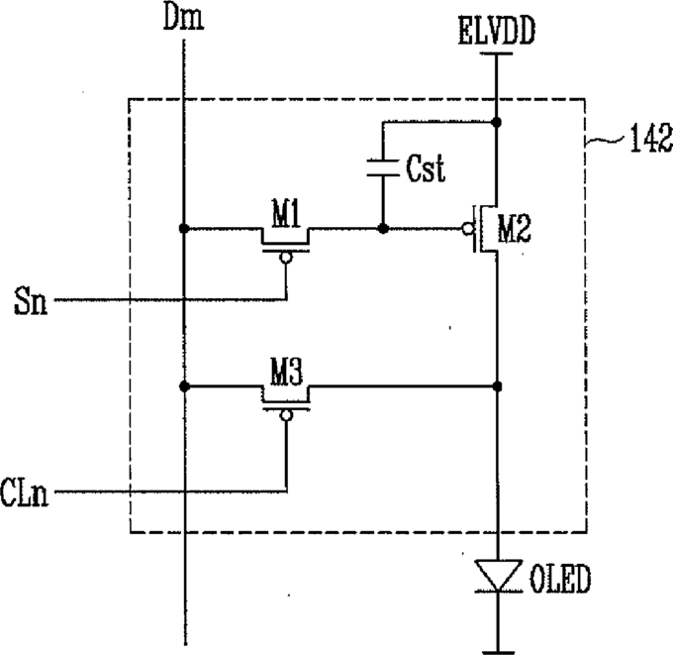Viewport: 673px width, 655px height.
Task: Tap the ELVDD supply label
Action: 497,31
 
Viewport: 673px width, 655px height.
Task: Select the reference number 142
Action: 651,138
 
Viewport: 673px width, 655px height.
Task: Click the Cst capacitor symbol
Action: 383,168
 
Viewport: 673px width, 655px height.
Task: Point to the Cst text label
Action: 426,167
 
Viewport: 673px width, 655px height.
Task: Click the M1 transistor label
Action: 286,213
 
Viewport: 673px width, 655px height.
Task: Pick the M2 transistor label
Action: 515,229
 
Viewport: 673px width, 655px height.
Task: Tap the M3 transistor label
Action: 286,372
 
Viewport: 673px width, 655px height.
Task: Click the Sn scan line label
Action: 30,301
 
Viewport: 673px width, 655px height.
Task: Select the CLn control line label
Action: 24,492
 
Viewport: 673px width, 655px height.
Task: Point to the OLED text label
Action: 560,580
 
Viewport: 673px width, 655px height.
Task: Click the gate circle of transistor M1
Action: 286,258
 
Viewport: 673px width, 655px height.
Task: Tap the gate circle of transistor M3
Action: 286,415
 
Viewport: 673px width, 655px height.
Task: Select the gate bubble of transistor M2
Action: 467,229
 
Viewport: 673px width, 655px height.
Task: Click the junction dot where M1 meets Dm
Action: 184,228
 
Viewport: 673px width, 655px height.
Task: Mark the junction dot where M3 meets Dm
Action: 184,386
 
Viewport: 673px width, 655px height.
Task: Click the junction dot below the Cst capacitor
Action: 383,228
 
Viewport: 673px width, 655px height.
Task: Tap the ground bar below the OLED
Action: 498,652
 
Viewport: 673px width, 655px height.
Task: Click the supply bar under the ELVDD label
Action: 496,54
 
